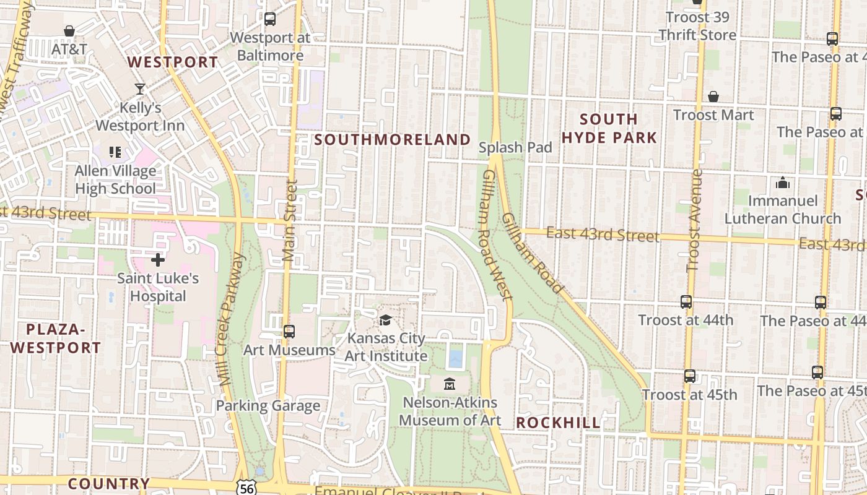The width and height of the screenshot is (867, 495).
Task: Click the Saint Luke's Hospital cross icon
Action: pyautogui.click(x=158, y=260)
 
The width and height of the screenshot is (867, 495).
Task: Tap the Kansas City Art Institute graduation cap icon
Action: pyautogui.click(x=386, y=320)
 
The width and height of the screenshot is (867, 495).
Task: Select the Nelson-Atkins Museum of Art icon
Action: pyautogui.click(x=449, y=384)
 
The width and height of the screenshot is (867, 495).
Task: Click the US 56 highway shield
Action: pyautogui.click(x=245, y=488)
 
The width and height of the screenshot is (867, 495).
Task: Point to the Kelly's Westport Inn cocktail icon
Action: pyautogui.click(x=140, y=89)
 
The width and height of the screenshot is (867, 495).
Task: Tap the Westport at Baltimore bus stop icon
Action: pyautogui.click(x=270, y=19)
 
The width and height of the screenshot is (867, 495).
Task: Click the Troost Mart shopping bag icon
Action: pyautogui.click(x=713, y=97)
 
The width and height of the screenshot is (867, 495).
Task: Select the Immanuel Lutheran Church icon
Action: pyautogui.click(x=783, y=183)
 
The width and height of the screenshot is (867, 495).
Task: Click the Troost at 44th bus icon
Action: pyautogui.click(x=686, y=302)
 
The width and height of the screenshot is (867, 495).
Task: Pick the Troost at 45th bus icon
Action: pyautogui.click(x=690, y=376)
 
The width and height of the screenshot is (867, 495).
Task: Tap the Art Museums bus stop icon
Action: pyautogui.click(x=289, y=332)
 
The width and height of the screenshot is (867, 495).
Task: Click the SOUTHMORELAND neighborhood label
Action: pyautogui.click(x=393, y=140)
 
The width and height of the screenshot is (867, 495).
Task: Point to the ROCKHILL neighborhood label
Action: pyautogui.click(x=558, y=423)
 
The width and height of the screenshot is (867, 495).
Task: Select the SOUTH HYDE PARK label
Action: pyautogui.click(x=609, y=128)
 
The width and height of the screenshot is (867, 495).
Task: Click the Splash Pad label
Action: pyautogui.click(x=515, y=147)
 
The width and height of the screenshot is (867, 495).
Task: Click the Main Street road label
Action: pyautogui.click(x=290, y=220)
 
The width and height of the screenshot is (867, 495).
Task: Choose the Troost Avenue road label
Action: pyautogui.click(x=695, y=220)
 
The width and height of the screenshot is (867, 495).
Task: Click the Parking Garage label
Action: pyautogui.click(x=268, y=406)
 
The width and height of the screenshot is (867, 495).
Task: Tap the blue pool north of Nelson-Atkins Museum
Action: pyautogui.click(x=456, y=358)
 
